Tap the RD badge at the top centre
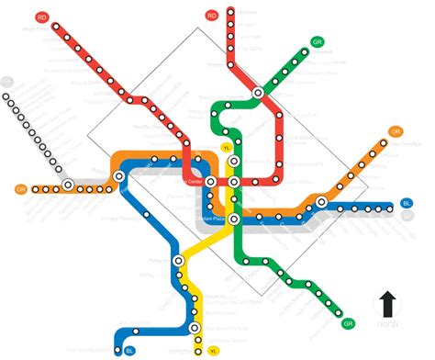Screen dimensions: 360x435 click(x=212, y=16)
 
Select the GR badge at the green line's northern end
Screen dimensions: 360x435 click(x=317, y=42)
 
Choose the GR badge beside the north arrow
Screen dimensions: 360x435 click(x=348, y=323)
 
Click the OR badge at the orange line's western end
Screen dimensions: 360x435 click(x=20, y=189)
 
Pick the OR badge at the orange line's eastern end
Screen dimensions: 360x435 click(x=396, y=131)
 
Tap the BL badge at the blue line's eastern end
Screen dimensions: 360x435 click(x=407, y=203)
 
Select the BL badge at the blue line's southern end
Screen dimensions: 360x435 click(x=128, y=350)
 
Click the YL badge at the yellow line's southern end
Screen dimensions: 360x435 click(x=214, y=350)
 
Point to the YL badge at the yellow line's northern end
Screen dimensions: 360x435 click(x=227, y=147)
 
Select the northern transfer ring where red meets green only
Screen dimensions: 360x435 click(x=259, y=93)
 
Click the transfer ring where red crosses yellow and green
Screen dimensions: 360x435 click(x=235, y=182)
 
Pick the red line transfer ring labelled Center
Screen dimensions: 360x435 click(x=207, y=182)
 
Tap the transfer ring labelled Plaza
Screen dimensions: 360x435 click(x=235, y=218)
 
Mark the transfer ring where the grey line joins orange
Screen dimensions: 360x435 click(x=68, y=185)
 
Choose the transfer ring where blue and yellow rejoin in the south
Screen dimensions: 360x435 click(x=195, y=327)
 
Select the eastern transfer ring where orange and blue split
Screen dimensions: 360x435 click(x=322, y=201)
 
